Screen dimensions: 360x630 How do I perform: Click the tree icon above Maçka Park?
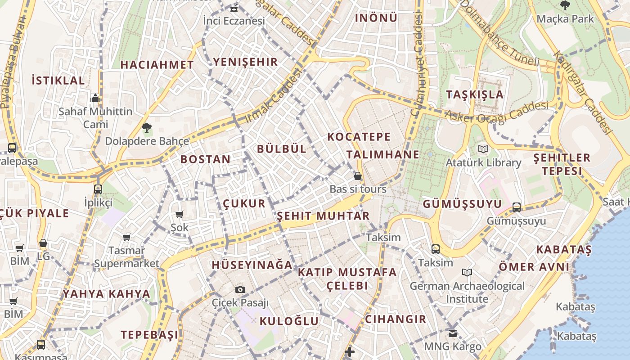click(x=565, y=5)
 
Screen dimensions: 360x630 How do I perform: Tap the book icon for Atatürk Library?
click(x=483, y=149)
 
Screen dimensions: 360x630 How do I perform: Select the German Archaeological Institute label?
click(x=467, y=292)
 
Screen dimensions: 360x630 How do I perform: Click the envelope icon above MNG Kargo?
click(x=453, y=333)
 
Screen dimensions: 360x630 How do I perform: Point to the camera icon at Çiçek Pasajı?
click(x=240, y=289)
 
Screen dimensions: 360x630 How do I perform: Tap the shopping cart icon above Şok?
click(x=180, y=214)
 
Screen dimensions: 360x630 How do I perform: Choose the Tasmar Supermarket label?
click(x=126, y=257)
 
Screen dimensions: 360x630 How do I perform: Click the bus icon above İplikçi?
click(x=98, y=189)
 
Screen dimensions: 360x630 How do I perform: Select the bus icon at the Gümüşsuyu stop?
click(x=517, y=207)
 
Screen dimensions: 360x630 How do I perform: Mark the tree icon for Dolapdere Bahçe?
click(x=146, y=128)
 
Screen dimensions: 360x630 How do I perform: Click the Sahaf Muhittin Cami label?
click(x=95, y=117)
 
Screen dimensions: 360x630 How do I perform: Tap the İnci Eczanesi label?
click(x=234, y=21)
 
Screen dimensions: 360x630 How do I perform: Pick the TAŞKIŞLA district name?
click(x=475, y=94)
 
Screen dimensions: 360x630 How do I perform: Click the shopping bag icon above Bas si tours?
click(x=358, y=175)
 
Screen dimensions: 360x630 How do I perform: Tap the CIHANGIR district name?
click(x=395, y=319)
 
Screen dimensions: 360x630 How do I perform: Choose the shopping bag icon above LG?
click(x=43, y=243)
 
